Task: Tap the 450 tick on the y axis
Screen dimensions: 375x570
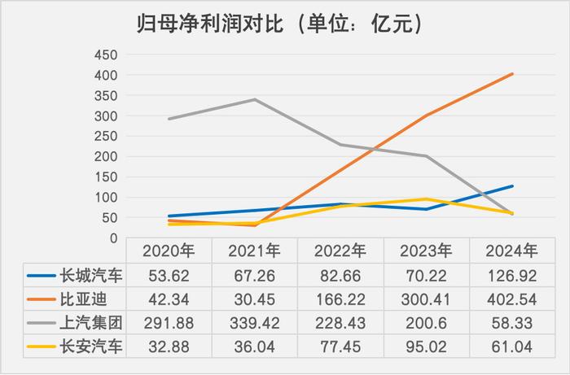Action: pos(107,55)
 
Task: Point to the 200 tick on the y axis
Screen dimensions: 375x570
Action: pos(107,157)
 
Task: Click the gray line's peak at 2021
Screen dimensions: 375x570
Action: pos(254,100)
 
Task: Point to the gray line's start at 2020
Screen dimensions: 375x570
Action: pos(168,119)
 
